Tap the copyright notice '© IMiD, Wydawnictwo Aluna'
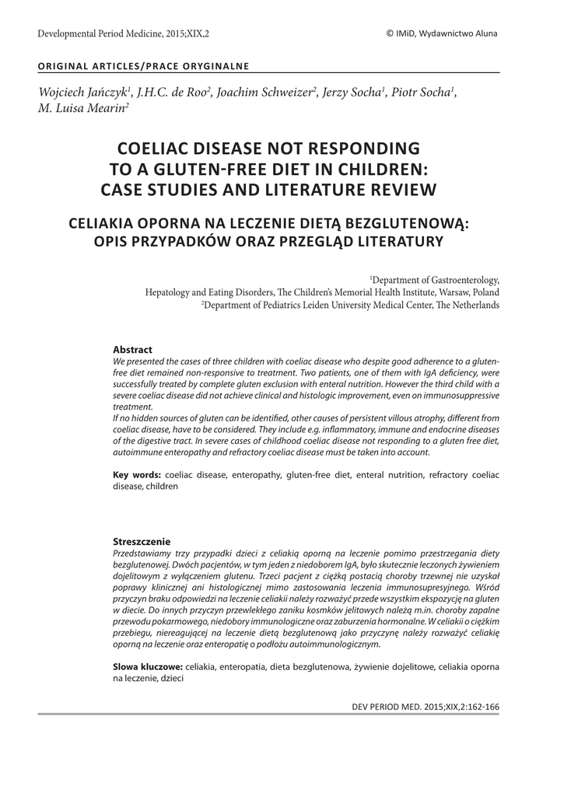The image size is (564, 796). (x=441, y=33)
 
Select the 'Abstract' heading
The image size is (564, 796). (x=132, y=349)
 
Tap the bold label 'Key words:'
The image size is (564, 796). (x=137, y=473)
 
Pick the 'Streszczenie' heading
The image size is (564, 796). (x=142, y=540)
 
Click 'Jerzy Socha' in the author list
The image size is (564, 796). (x=352, y=93)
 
